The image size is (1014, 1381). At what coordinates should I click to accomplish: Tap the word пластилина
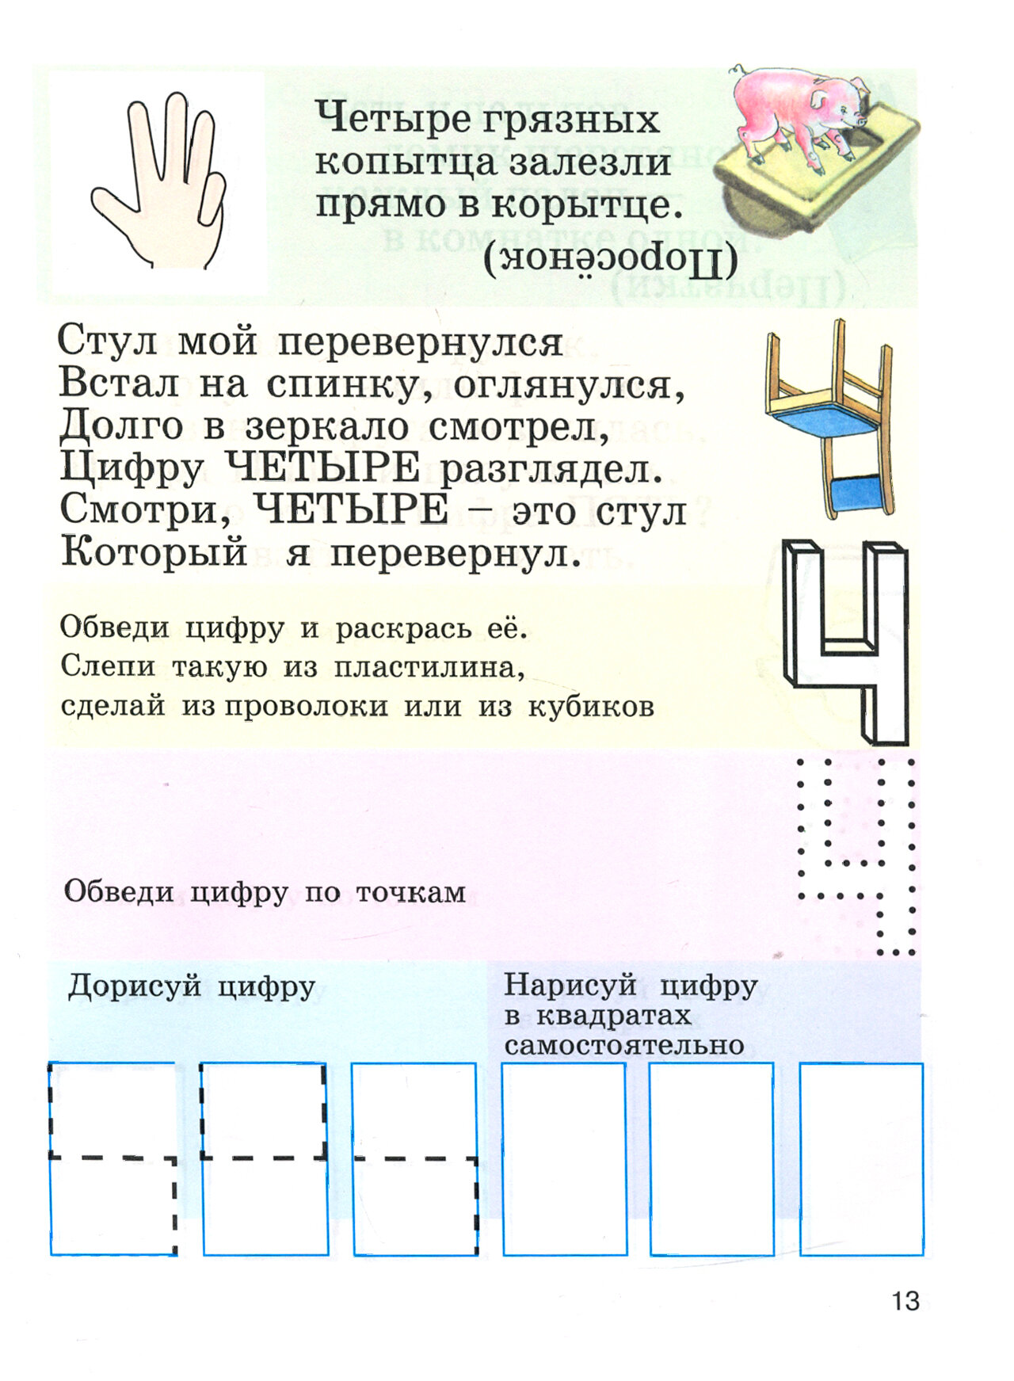(429, 668)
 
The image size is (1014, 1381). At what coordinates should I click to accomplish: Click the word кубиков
(591, 706)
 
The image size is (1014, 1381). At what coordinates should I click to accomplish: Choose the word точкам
(410, 893)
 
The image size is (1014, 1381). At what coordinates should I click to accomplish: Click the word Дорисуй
(135, 987)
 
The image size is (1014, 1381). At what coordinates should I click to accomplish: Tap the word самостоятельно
(623, 1045)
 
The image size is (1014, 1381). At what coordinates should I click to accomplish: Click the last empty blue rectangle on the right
(861, 1158)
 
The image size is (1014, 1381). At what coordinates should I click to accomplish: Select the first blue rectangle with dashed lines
(113, 1158)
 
